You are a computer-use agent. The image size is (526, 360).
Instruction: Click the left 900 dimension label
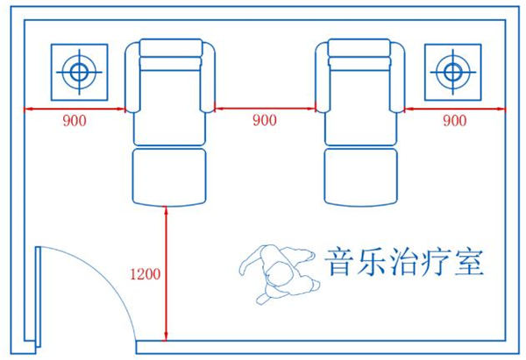(x=75, y=121)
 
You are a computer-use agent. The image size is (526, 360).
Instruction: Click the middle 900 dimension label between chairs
(x=264, y=120)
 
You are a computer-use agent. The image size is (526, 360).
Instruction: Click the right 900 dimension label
(x=455, y=121)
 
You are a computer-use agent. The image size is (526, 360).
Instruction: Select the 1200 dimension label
(x=145, y=274)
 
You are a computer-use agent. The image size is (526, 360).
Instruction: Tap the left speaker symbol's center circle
(x=80, y=71)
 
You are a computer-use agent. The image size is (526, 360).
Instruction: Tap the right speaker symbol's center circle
(x=451, y=71)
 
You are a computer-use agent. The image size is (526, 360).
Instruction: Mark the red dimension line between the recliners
(x=264, y=109)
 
